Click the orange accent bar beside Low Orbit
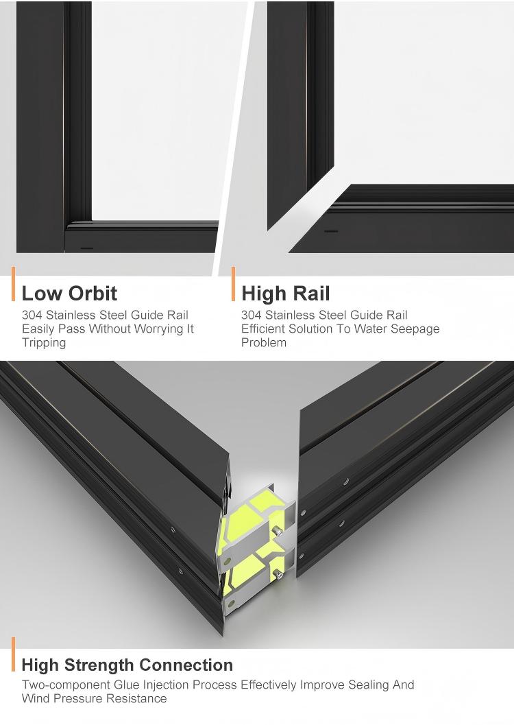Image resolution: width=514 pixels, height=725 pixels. coord(14,284)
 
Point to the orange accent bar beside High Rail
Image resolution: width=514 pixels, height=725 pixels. coord(233,284)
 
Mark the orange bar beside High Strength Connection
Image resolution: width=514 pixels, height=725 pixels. coord(14,654)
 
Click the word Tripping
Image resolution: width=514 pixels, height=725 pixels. coord(44,343)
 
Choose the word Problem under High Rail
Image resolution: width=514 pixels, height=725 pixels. coord(264,343)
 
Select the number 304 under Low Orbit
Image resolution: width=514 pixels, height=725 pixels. coord(32,316)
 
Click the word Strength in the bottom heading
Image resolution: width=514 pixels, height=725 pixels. coord(99,665)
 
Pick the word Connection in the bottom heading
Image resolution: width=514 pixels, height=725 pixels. coord(186,665)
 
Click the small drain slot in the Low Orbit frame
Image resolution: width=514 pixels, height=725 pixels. coord(87,248)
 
